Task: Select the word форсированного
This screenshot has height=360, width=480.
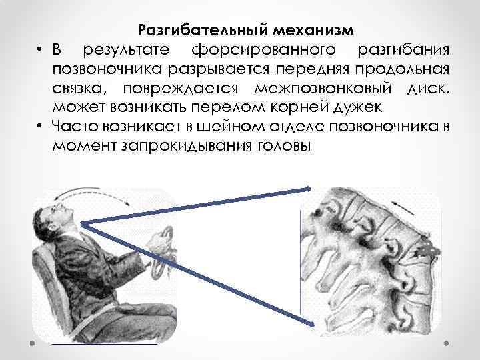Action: (x=265, y=51)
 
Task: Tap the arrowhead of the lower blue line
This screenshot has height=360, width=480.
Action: (x=311, y=325)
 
